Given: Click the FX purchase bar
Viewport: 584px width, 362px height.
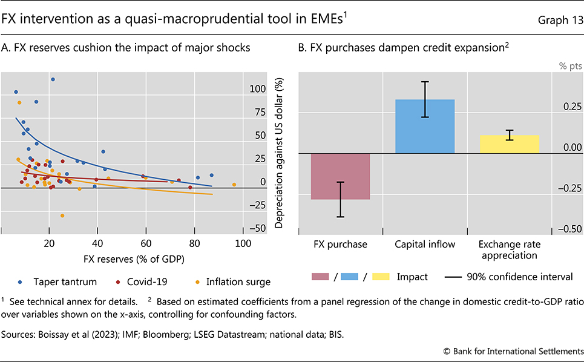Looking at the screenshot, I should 340,176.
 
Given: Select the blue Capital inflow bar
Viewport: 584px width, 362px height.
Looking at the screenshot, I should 424,126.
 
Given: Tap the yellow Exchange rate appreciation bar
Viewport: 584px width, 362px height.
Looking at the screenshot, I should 509,144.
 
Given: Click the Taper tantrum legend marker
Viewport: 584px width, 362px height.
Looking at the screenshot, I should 21,281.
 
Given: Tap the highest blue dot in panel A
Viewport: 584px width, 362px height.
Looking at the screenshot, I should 53,79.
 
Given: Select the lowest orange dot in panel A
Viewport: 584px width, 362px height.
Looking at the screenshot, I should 62,216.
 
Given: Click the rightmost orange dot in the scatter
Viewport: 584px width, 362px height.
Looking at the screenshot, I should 234,185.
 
